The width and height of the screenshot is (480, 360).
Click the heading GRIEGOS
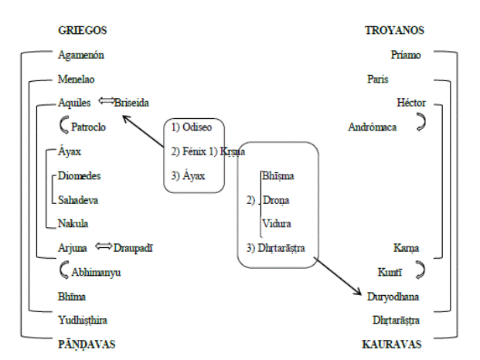click(82, 31)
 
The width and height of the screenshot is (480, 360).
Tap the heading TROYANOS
click(395, 31)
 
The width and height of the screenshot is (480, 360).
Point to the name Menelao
click(77, 79)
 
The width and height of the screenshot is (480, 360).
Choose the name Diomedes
click(80, 175)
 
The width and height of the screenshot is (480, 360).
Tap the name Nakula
click(73, 223)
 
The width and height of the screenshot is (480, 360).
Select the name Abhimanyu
click(95, 272)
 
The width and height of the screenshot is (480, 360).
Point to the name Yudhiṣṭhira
click(83, 320)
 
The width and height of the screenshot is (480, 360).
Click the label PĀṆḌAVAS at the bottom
click(85, 342)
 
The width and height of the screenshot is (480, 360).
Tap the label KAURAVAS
click(394, 342)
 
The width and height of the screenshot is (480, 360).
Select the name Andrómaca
click(373, 127)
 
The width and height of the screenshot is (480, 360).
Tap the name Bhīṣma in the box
click(277, 176)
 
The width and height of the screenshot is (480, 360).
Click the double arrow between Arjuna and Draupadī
click(103, 247)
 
